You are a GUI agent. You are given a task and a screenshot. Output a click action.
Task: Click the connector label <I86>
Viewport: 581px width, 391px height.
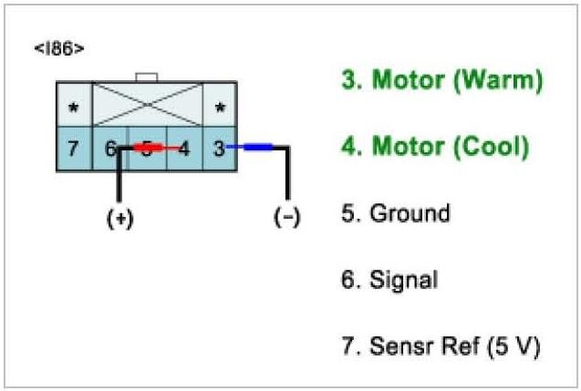click(x=60, y=48)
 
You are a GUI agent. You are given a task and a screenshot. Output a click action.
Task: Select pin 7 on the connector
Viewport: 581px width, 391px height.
click(x=73, y=148)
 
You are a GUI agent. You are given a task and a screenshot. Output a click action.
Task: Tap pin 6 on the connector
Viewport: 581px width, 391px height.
click(x=110, y=148)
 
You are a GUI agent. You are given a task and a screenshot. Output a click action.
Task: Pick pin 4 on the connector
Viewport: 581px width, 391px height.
click(x=183, y=148)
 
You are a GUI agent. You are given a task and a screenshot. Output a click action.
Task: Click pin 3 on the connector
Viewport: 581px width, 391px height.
click(x=219, y=148)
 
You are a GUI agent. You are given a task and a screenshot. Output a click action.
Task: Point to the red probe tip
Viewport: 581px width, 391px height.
click(x=149, y=147)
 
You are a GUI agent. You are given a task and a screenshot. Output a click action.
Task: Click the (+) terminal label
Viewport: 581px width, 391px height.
click(x=119, y=220)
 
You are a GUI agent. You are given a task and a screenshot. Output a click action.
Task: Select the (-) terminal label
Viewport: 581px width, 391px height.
click(x=286, y=220)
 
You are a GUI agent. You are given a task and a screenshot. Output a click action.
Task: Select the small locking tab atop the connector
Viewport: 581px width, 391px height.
click(x=146, y=77)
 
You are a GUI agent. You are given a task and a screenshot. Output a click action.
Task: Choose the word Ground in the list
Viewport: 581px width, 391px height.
click(x=410, y=213)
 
